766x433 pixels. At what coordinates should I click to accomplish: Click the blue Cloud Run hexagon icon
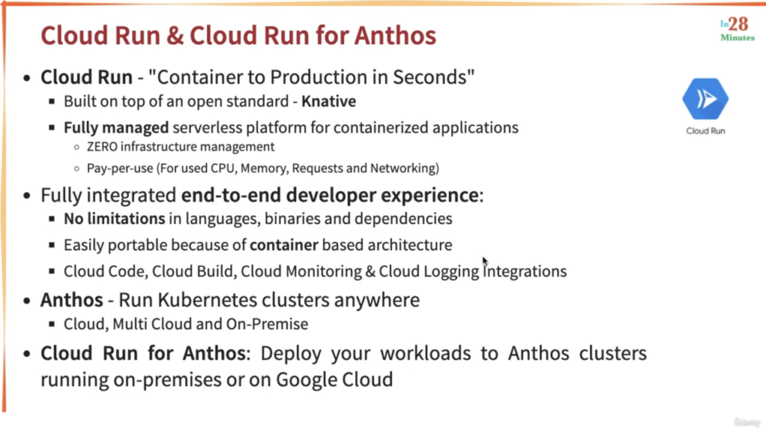(705, 99)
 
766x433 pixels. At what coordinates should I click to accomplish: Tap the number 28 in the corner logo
(739, 24)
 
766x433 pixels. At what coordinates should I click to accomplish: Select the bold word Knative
(328, 101)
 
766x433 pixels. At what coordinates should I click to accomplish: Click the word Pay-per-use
(120, 168)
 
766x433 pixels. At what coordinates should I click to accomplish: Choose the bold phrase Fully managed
(116, 128)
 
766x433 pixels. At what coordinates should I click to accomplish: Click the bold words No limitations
(114, 219)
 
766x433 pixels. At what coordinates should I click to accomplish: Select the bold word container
(284, 245)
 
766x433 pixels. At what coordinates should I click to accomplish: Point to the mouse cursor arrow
(485, 261)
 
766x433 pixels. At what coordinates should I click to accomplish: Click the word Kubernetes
(207, 300)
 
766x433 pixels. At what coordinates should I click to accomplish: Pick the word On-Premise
(267, 324)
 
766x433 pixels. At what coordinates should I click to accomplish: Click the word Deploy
(291, 354)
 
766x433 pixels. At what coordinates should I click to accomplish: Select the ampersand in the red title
(175, 36)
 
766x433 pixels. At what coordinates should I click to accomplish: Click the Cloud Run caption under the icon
(706, 131)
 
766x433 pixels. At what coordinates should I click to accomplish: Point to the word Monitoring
(324, 272)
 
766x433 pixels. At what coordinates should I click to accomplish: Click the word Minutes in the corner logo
(738, 37)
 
